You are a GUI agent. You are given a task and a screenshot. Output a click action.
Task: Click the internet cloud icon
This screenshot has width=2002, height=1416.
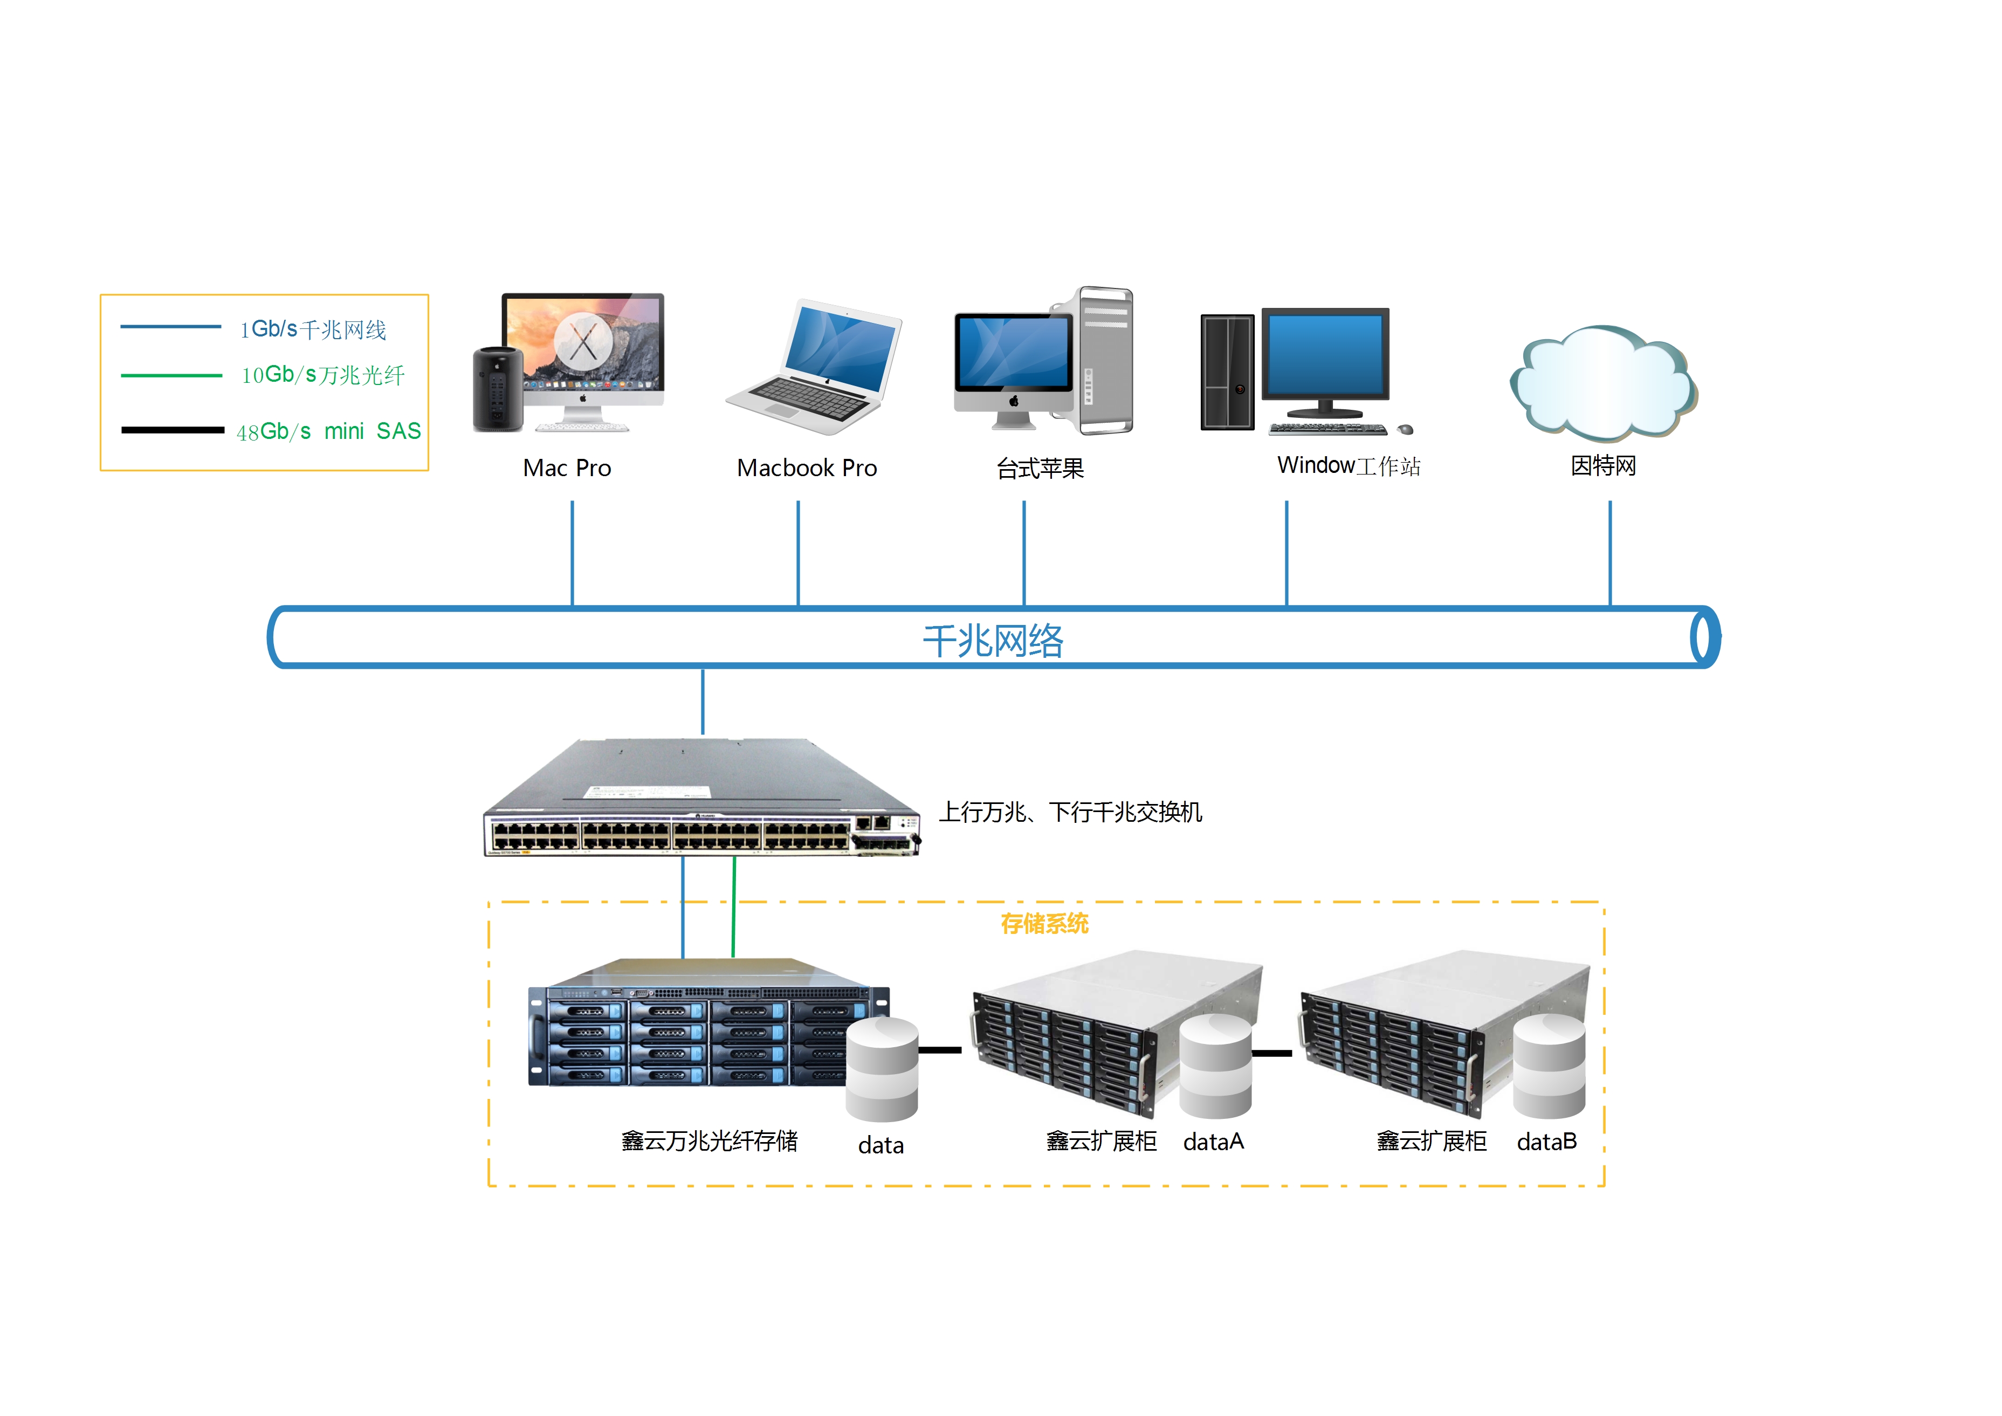point(1602,383)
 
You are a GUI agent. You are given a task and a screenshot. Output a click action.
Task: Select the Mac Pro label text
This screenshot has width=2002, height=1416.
point(567,468)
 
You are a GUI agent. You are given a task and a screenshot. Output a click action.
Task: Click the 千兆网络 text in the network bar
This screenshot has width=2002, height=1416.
point(992,641)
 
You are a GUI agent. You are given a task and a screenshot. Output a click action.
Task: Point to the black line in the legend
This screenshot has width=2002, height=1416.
point(173,430)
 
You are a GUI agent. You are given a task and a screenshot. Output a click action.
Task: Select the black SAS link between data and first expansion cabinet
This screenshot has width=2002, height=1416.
point(940,1050)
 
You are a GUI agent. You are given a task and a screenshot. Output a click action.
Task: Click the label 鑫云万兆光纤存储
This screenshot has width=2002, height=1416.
point(709,1142)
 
